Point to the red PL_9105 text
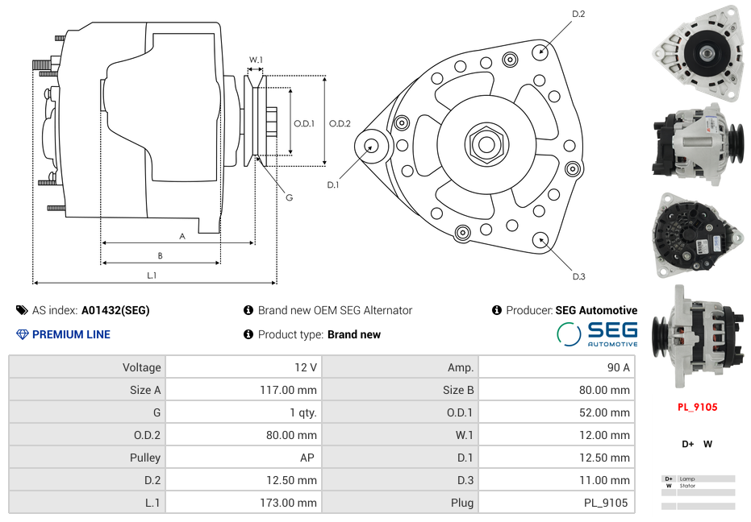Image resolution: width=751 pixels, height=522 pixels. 697,407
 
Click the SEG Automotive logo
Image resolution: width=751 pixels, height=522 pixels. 598,333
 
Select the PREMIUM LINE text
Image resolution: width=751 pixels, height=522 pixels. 71,334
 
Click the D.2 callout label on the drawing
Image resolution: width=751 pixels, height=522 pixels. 578,14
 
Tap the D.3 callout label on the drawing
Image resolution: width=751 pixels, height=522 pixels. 578,276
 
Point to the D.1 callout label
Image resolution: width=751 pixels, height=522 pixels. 333,184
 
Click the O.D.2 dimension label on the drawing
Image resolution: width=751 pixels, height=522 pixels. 340,123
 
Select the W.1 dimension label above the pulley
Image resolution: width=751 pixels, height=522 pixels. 256,60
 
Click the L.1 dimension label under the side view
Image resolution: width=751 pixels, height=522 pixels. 152,275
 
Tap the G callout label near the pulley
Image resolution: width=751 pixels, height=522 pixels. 289,197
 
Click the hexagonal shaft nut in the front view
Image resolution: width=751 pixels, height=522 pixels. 486,144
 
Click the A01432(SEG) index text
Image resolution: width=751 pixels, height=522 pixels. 115,310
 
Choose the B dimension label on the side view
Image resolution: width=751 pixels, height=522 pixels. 160,255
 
